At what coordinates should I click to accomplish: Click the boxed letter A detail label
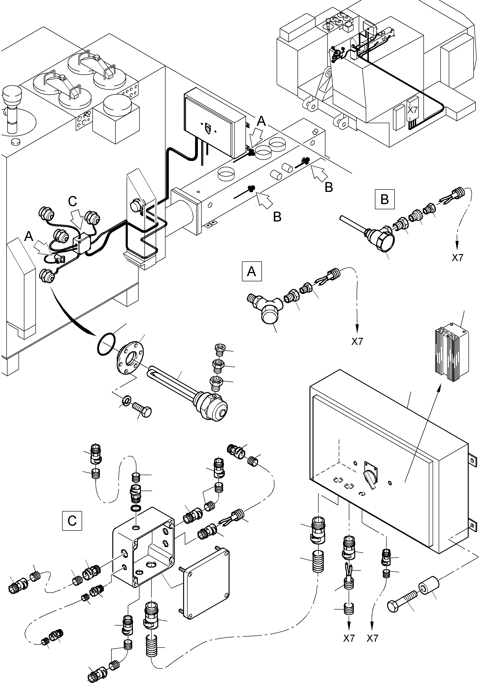252,271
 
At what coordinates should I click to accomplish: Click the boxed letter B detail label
385,199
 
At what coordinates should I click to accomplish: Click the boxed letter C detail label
72,521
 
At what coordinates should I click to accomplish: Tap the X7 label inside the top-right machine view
413,110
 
